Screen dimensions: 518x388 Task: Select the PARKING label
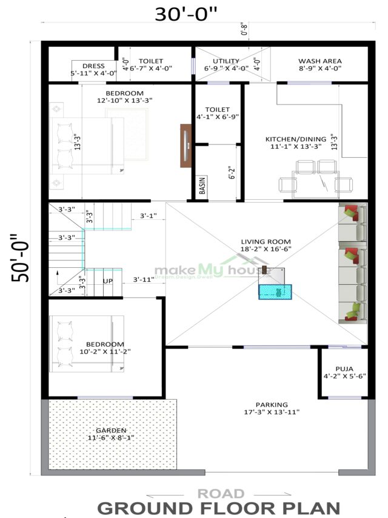(x=271, y=404)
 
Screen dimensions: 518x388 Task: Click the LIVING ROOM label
(x=266, y=241)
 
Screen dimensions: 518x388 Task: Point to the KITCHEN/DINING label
(x=295, y=139)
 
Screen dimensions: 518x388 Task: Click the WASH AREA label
(x=319, y=61)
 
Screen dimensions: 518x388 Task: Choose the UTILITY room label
(x=226, y=61)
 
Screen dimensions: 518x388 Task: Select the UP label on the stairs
(x=108, y=281)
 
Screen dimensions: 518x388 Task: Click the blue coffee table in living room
(x=275, y=291)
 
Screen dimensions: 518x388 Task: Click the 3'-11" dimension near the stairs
(x=144, y=281)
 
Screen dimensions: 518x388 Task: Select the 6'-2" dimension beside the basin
(x=232, y=172)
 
